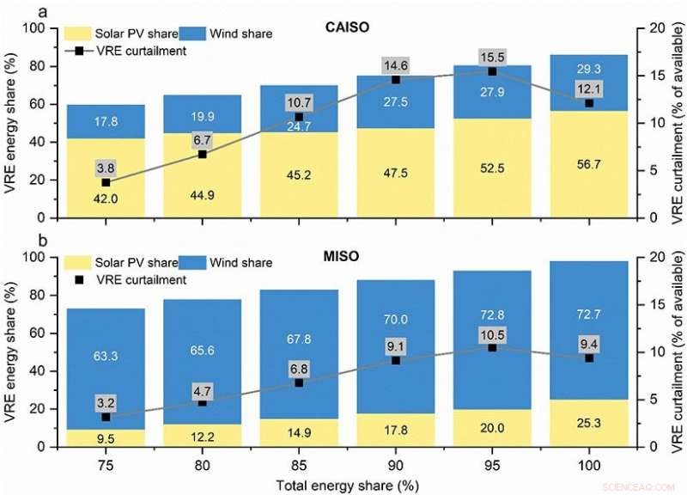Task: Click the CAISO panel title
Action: (x=348, y=27)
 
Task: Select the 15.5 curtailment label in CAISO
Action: (x=492, y=57)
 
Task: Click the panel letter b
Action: (x=8, y=245)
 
